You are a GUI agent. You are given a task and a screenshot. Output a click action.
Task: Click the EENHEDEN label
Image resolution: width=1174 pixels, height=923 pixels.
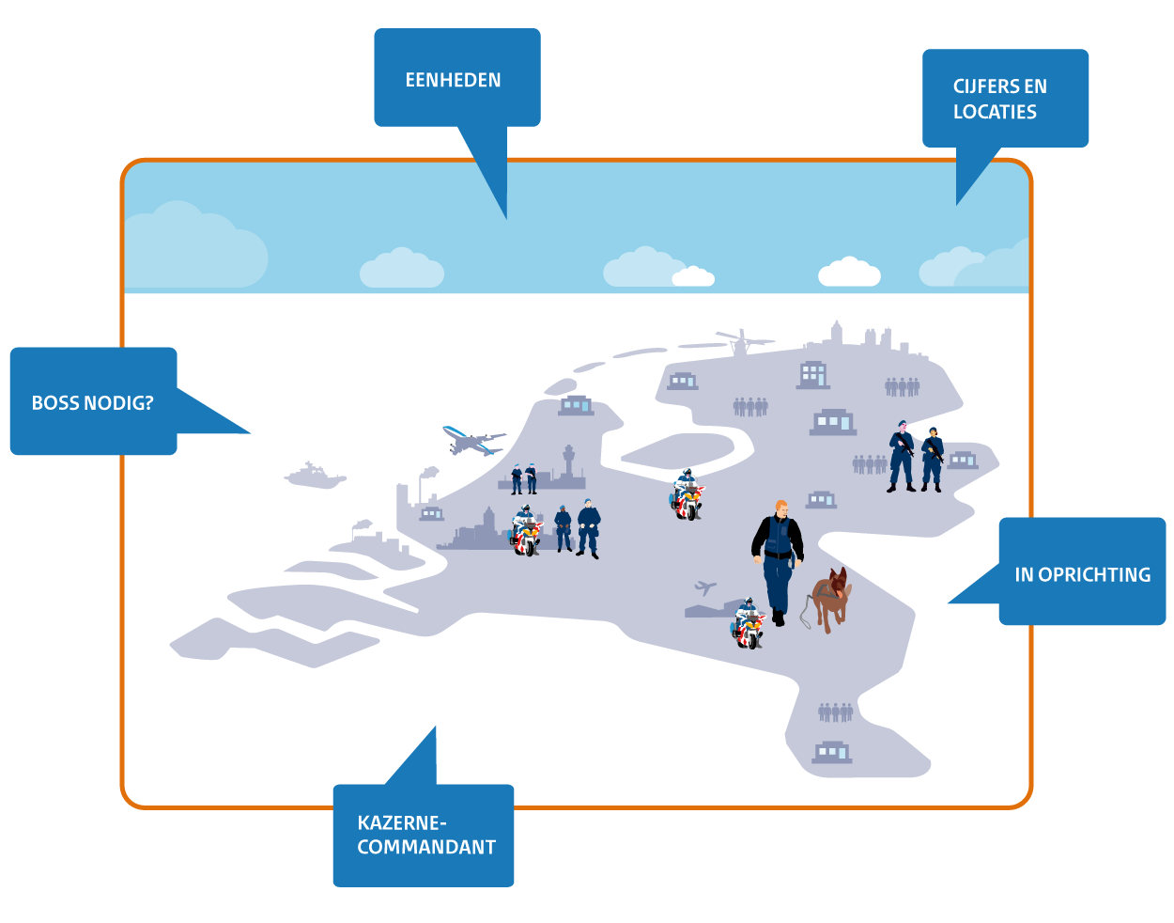[454, 81]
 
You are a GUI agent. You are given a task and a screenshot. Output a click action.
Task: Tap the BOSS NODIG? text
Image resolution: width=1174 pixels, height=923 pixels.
[92, 403]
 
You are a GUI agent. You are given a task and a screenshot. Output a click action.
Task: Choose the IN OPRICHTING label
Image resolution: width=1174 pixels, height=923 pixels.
[1082, 574]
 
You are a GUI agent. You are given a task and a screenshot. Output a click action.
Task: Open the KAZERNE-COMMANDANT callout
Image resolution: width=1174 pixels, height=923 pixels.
[425, 835]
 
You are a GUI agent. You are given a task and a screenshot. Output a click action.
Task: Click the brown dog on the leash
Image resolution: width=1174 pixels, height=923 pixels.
[832, 599]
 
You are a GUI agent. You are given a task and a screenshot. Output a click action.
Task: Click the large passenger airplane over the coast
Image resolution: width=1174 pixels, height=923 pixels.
[473, 441]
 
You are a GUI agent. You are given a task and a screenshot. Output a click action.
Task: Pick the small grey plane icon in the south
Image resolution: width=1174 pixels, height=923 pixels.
[705, 588]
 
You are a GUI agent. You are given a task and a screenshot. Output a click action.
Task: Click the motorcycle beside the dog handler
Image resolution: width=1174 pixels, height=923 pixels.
[749, 625]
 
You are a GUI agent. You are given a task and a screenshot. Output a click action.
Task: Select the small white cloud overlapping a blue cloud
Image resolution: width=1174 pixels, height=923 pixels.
[693, 276]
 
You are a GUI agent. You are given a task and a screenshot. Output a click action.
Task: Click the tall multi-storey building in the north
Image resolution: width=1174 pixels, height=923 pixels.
[813, 375]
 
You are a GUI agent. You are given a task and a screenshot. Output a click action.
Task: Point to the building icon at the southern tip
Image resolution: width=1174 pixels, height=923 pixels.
[831, 751]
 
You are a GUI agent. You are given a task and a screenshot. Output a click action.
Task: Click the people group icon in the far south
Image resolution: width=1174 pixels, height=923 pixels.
[835, 712]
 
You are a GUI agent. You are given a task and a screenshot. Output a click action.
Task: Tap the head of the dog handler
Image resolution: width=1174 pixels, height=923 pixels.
[780, 508]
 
